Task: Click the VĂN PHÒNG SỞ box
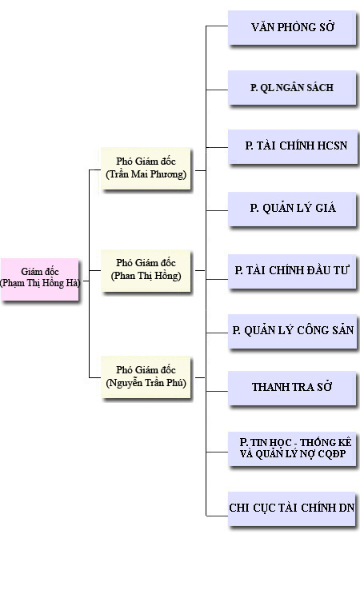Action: [x=292, y=27]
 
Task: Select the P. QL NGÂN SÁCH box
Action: [x=292, y=87]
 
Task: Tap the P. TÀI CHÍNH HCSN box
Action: [x=293, y=146]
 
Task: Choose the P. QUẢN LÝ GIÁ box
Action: [x=292, y=209]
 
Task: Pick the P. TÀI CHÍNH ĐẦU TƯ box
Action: [x=292, y=271]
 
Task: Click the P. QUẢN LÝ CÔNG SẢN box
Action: [x=292, y=331]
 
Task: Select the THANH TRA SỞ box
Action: [x=292, y=388]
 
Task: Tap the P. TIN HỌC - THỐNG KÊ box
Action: [x=292, y=449]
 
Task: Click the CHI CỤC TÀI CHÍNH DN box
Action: [x=292, y=508]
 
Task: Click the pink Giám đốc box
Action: [x=39, y=279]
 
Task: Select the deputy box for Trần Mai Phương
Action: [x=146, y=168]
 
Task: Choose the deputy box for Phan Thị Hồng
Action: [x=146, y=271]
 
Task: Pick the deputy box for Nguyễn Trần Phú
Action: [x=146, y=377]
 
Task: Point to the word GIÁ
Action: [x=326, y=208]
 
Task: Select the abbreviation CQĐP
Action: [x=333, y=454]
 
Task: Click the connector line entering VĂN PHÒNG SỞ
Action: [x=217, y=26]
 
